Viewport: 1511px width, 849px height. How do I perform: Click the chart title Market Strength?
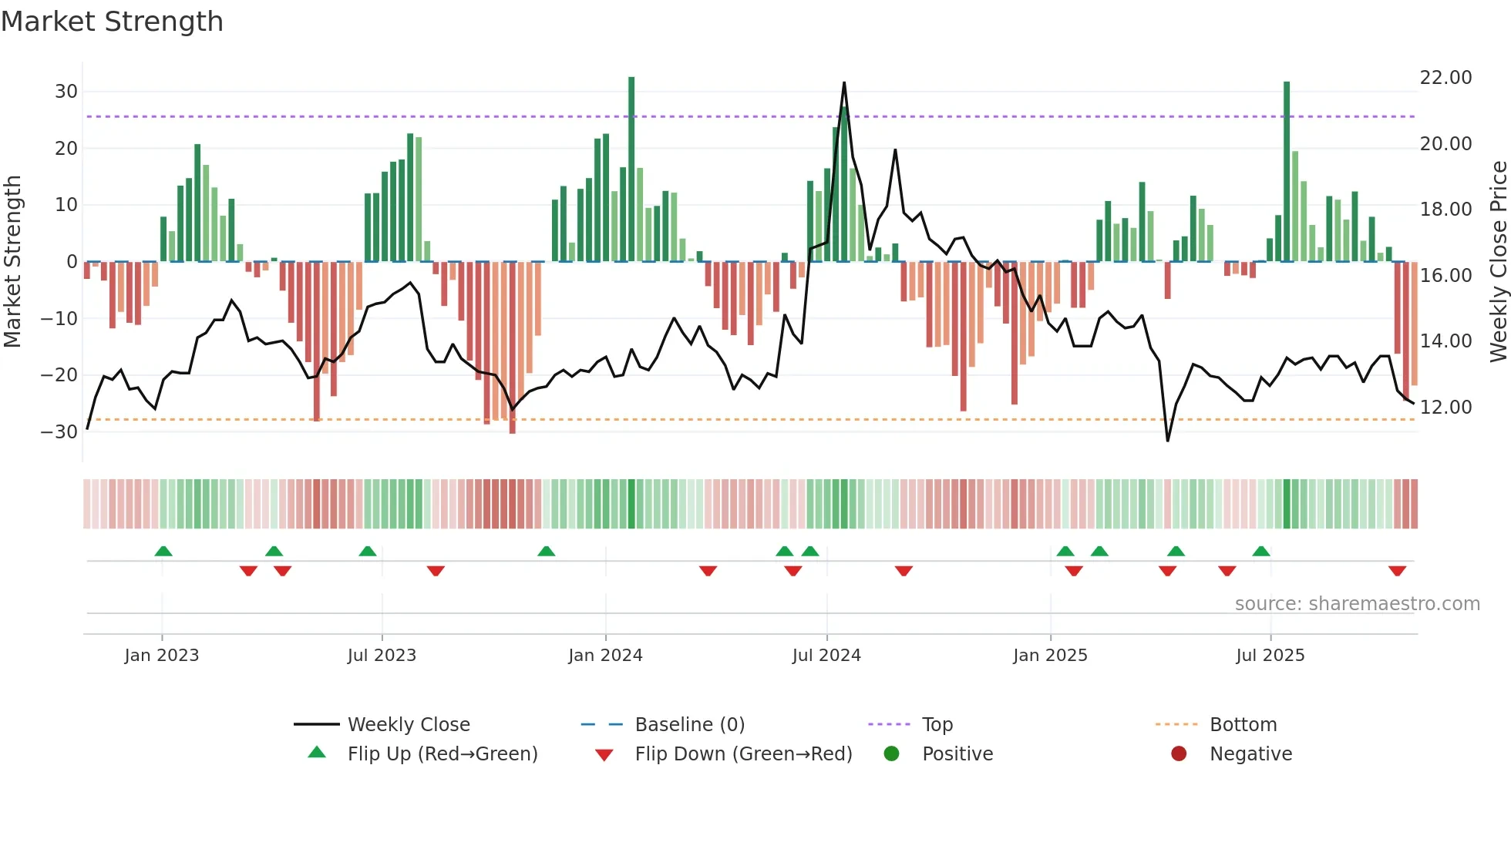point(112,22)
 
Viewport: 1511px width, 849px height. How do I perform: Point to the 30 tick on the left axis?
point(66,92)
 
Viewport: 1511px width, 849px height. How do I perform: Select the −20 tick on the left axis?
point(59,375)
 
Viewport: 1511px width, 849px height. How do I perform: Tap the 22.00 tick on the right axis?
point(1445,78)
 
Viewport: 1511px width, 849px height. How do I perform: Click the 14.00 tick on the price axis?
point(1445,341)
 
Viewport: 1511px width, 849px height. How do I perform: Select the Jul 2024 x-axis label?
point(826,656)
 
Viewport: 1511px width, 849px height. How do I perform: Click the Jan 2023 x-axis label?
point(162,656)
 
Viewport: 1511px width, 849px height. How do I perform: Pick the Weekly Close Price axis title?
point(1498,262)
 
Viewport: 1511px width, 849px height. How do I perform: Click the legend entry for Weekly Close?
point(408,725)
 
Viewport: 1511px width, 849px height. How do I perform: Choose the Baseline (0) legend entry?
point(689,725)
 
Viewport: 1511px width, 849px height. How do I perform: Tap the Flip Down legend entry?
point(743,754)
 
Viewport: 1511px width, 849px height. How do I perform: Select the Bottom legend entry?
point(1243,725)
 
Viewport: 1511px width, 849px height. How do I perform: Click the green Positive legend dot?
point(891,754)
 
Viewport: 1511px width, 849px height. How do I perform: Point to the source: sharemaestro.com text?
point(1357,604)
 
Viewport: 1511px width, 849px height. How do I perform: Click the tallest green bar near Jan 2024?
point(631,169)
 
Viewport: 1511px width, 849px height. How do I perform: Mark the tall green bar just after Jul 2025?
point(1287,171)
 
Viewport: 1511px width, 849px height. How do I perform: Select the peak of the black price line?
point(844,83)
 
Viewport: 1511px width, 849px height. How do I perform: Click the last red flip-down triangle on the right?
point(1397,571)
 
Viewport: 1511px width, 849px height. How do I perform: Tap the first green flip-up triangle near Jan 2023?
point(163,551)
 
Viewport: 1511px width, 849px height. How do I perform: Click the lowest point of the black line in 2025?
point(1167,440)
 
